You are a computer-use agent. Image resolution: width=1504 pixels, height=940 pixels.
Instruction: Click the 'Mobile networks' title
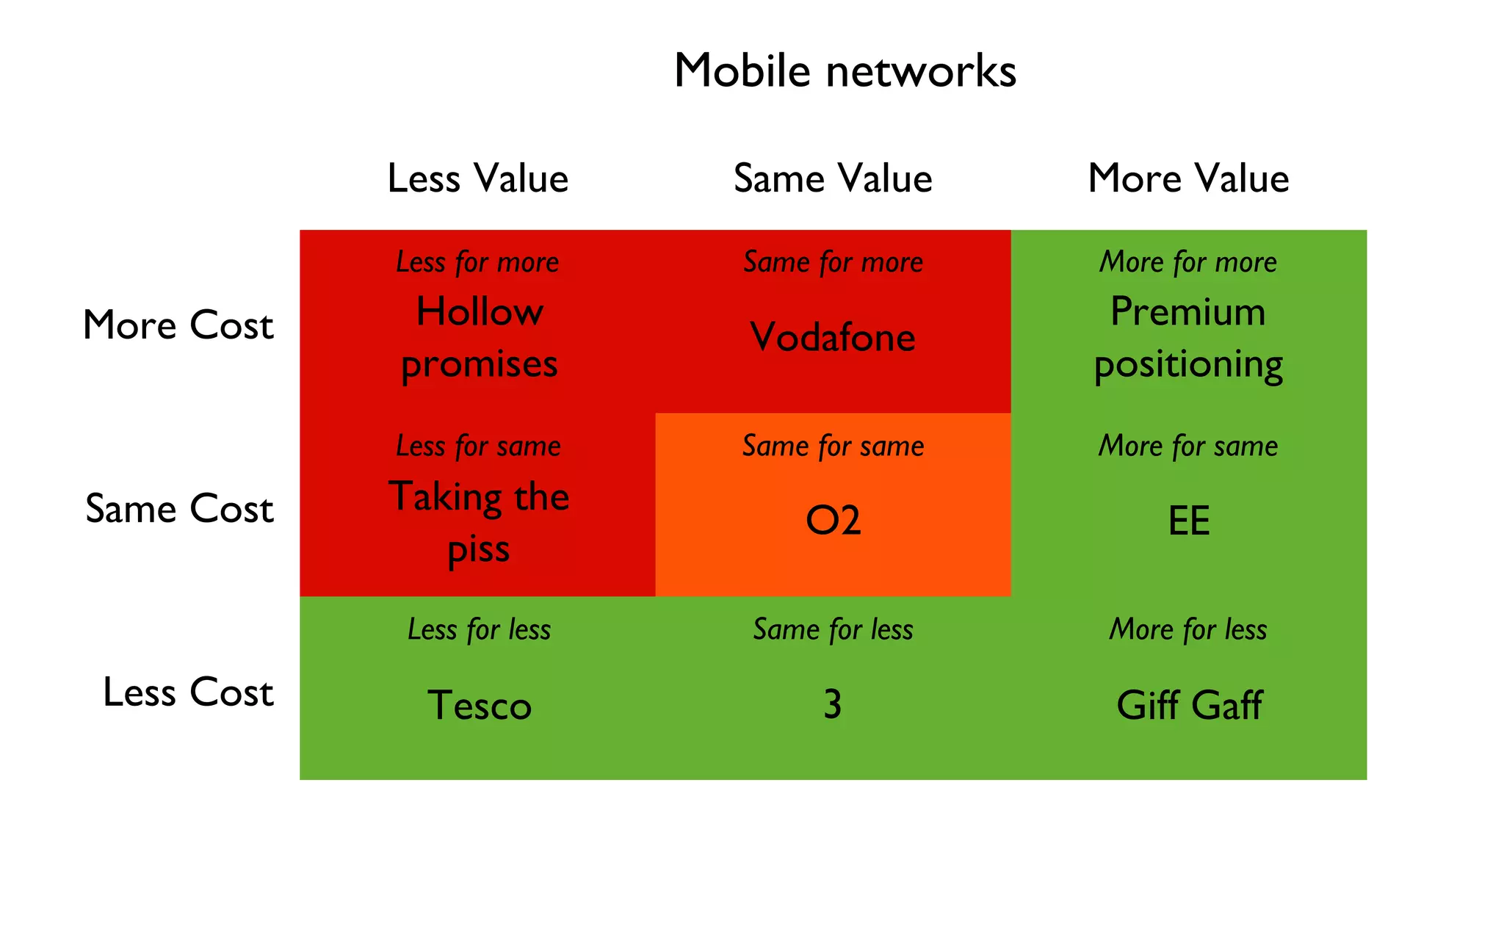pyautogui.click(x=845, y=71)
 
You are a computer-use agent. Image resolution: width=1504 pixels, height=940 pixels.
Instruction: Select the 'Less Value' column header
pyautogui.click(x=477, y=178)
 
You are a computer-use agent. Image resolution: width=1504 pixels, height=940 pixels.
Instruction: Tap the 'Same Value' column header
pyautogui.click(x=833, y=178)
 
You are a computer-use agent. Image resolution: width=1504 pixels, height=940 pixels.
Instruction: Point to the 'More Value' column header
pyautogui.click(x=1188, y=178)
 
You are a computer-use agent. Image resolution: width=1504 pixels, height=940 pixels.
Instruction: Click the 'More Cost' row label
pyautogui.click(x=178, y=325)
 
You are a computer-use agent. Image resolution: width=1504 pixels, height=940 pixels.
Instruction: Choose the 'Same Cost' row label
pyautogui.click(x=179, y=508)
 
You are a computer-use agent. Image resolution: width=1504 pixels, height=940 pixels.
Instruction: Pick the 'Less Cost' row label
pyautogui.click(x=188, y=692)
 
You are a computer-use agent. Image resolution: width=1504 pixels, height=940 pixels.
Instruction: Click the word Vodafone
pyautogui.click(x=833, y=337)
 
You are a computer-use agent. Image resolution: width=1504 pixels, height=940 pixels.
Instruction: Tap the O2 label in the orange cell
pyautogui.click(x=833, y=521)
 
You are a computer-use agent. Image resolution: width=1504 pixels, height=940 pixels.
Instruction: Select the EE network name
pyautogui.click(x=1188, y=521)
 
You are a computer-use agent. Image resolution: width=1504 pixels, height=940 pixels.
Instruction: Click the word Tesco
pyautogui.click(x=479, y=705)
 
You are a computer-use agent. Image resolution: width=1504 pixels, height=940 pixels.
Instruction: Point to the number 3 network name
pyautogui.click(x=832, y=704)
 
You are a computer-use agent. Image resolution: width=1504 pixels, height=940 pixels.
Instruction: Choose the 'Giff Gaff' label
pyautogui.click(x=1189, y=705)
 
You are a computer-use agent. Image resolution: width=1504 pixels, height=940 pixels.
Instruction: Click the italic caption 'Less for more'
pyautogui.click(x=477, y=262)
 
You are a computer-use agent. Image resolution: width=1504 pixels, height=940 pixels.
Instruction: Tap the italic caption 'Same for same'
pyautogui.click(x=833, y=446)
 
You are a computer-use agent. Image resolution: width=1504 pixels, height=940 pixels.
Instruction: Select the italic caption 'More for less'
pyautogui.click(x=1188, y=629)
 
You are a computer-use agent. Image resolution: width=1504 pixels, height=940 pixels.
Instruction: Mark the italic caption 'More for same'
pyautogui.click(x=1188, y=446)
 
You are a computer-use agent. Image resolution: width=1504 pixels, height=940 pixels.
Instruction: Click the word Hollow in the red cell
pyautogui.click(x=480, y=311)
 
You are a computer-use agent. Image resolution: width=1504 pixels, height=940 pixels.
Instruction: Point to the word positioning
pyautogui.click(x=1188, y=365)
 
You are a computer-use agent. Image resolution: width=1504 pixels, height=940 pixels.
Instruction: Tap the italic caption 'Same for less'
pyautogui.click(x=833, y=629)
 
